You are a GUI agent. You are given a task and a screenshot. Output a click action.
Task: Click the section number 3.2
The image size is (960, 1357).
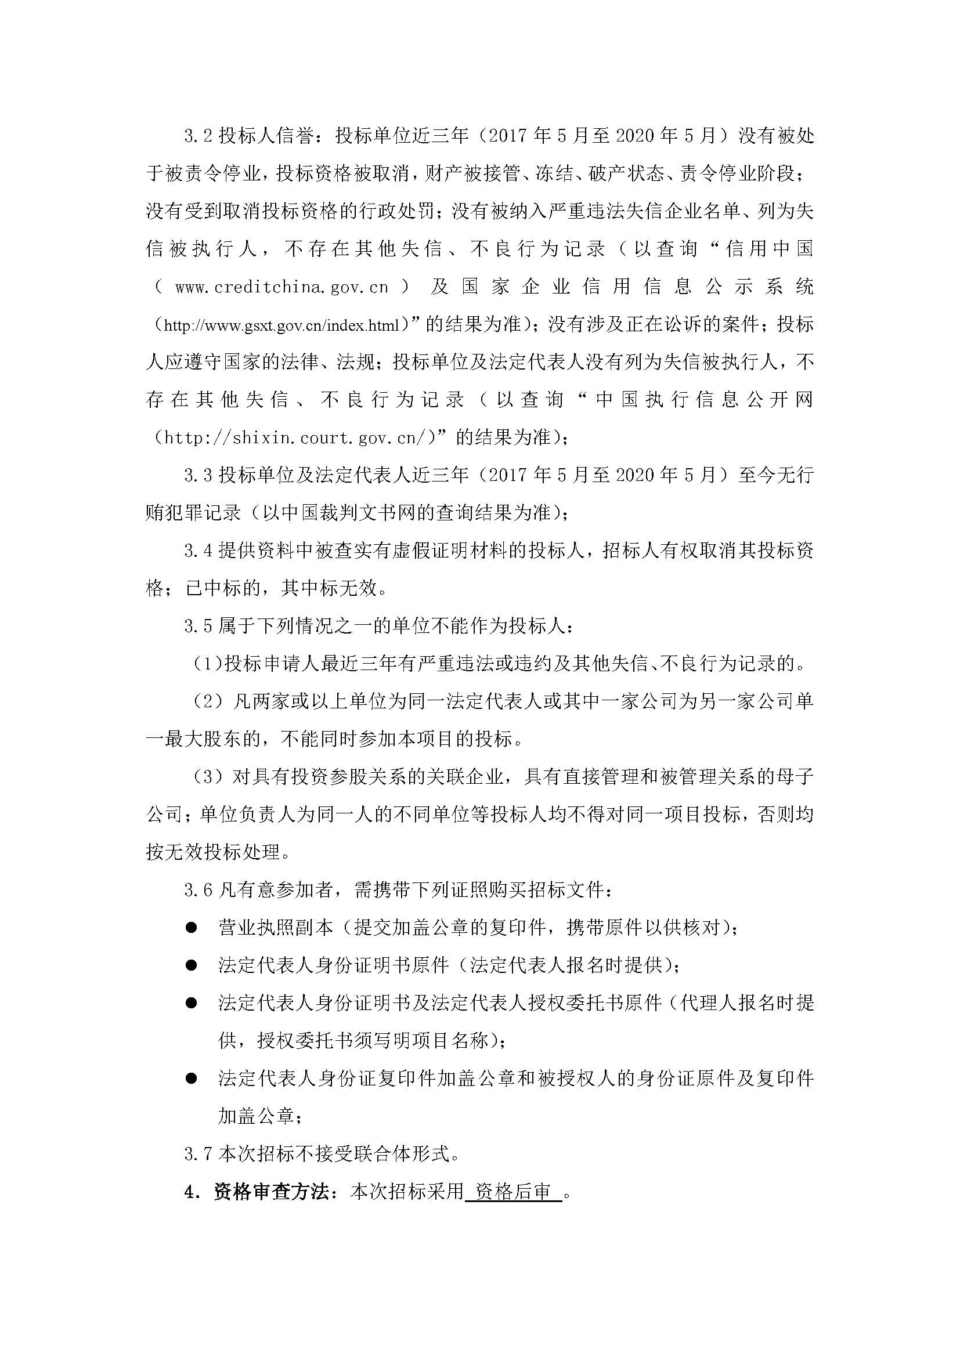197,136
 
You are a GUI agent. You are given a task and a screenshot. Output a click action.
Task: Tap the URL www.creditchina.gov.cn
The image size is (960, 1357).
281,287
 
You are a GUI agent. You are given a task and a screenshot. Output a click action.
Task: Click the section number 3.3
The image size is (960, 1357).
197,475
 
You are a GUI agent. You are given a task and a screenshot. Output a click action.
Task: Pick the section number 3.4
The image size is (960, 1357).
197,551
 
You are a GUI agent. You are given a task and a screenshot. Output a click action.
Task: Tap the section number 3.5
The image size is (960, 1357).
197,626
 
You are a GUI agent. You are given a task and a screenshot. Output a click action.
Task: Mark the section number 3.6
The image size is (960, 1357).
197,890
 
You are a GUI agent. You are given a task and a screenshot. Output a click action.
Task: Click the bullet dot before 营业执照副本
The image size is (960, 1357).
191,928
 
